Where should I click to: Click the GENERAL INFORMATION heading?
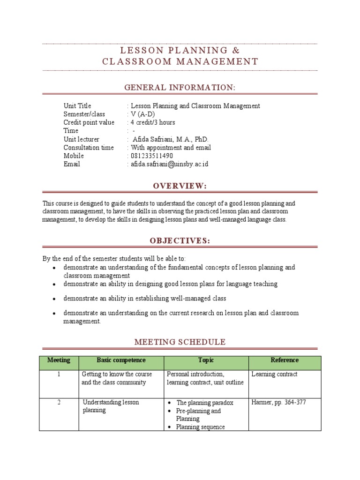[180, 88]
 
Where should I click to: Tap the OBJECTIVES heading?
[180, 240]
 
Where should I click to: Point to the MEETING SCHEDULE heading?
[180, 342]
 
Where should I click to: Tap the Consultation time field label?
[89, 147]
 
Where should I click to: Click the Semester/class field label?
[84, 114]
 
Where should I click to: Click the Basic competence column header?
[121, 360]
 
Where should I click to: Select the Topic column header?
[206, 360]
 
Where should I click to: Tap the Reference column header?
[285, 360]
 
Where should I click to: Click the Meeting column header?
[59, 360]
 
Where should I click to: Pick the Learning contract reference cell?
[274, 374]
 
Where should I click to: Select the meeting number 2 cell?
[59, 402]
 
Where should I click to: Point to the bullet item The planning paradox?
[204, 403]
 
